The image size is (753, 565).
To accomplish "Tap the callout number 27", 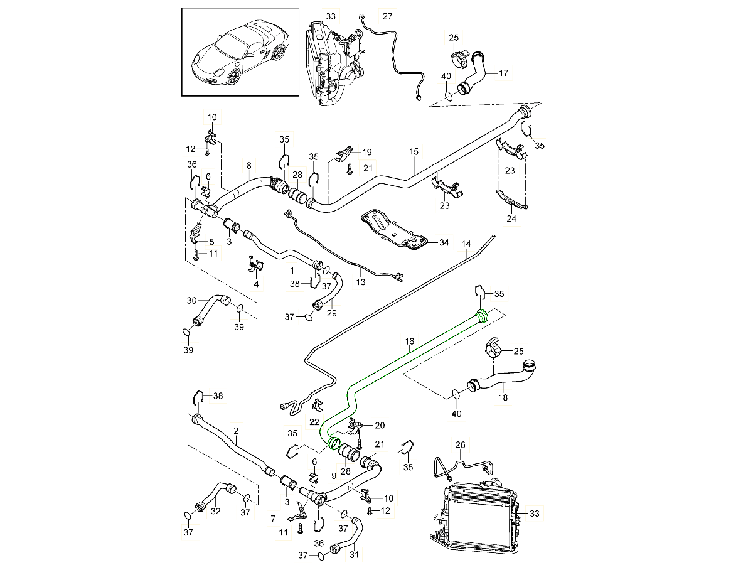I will [387, 16].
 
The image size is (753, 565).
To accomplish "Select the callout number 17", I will [503, 72].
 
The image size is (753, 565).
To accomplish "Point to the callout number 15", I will [414, 153].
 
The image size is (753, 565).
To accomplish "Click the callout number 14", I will [466, 242].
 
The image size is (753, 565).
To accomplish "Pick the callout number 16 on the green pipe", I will [409, 342].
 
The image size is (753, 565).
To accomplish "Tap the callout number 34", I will [444, 242].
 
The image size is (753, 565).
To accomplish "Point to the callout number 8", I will [248, 166].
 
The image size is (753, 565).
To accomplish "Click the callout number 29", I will [332, 313].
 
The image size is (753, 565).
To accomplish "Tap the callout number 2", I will [236, 431].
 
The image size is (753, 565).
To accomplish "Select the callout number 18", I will [503, 397].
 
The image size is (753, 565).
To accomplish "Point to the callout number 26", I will [461, 444].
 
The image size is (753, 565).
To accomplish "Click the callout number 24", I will [511, 219].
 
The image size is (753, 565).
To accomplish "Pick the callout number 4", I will [256, 284].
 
